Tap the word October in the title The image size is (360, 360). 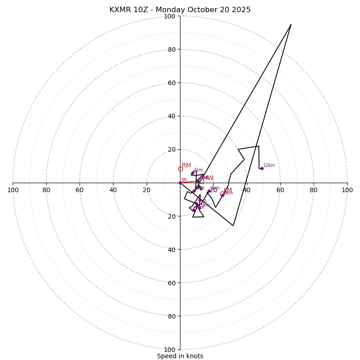197,10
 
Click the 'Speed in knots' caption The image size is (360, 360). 180,356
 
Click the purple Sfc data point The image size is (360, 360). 180,183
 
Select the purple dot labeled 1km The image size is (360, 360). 193,173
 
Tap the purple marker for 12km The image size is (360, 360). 262,168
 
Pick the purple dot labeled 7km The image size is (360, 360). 209,191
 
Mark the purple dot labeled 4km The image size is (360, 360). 197,204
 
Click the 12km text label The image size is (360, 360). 269,166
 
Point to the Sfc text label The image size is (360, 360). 184,180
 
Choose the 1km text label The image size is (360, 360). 198,170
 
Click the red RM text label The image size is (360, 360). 186,166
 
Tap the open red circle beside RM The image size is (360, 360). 180,169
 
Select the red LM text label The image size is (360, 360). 228,190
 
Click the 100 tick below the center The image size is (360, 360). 170,350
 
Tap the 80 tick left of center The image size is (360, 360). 46,190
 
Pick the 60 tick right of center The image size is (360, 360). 280,190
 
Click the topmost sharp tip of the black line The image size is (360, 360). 291,24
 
